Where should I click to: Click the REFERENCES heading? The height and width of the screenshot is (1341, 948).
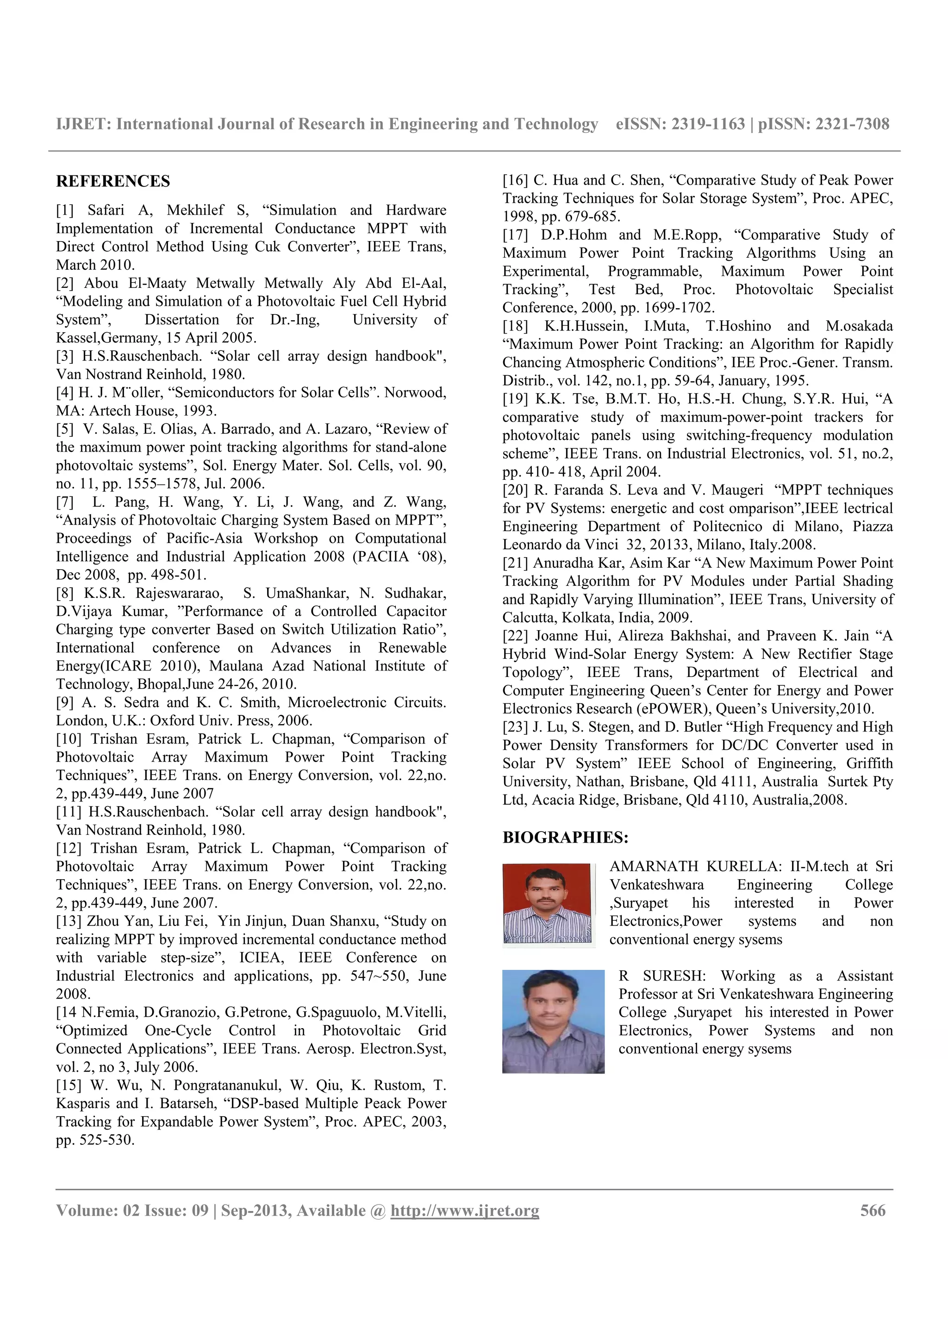(x=113, y=182)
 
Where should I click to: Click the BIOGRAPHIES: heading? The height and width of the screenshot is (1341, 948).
(x=565, y=838)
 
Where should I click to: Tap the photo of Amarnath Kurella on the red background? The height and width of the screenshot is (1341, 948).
(x=547, y=904)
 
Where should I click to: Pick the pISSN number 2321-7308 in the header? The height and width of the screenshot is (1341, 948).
(x=852, y=124)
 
